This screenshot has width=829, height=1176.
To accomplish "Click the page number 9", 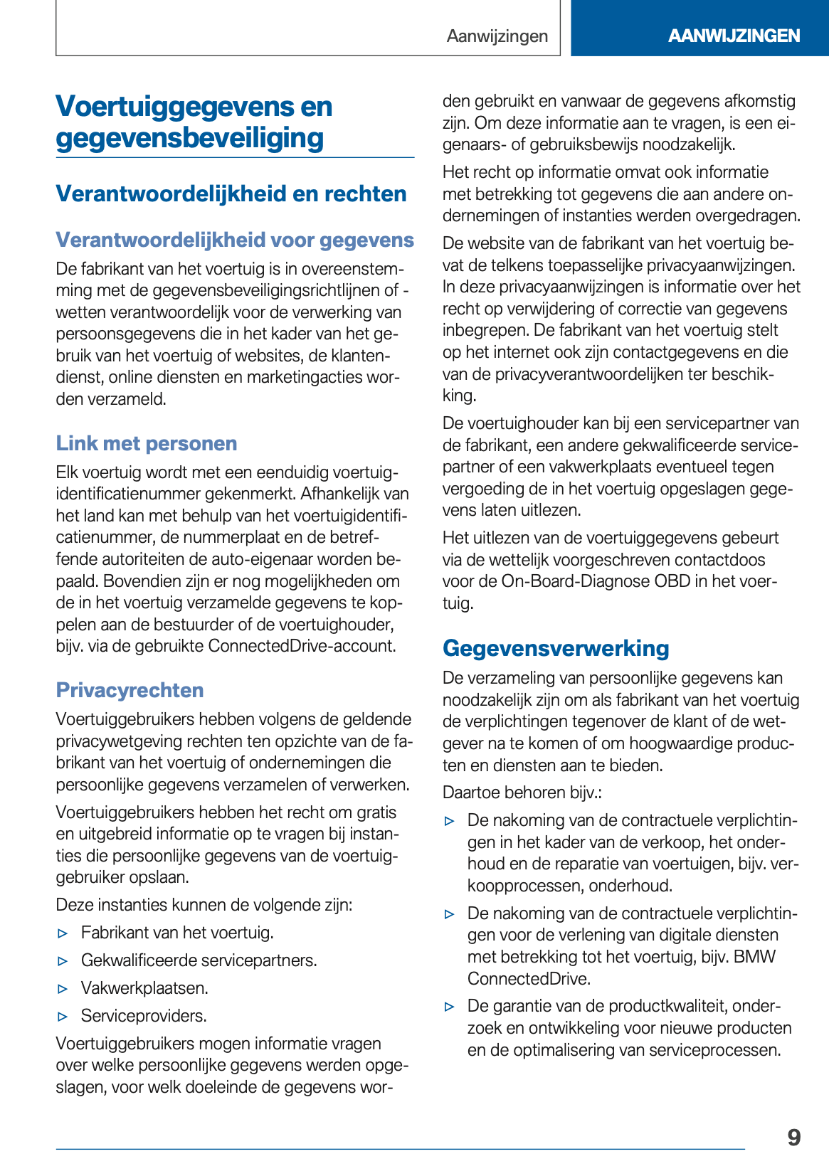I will [793, 1137].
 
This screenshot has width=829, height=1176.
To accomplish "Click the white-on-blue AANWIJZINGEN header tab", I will [734, 36].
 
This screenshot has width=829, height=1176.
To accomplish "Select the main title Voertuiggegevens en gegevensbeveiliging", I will [194, 122].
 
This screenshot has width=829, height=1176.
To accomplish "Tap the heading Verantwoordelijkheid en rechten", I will [231, 194].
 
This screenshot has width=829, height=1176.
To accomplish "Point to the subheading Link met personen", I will [147, 443].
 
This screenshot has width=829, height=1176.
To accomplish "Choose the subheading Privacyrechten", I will [130, 690].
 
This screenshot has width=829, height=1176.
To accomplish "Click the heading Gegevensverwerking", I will [556, 648].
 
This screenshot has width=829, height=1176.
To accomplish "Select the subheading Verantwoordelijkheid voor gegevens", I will [235, 240].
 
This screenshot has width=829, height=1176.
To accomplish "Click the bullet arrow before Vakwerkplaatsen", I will [63, 989].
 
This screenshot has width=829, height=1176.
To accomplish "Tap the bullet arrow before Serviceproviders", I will [63, 1017].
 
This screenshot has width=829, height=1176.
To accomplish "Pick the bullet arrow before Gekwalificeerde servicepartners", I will [63, 961].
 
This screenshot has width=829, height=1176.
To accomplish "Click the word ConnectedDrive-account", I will [301, 646].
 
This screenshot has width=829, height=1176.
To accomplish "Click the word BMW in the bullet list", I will [754, 957].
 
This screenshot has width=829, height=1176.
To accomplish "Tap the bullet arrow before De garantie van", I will [449, 1007].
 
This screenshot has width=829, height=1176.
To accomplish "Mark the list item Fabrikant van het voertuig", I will [177, 933].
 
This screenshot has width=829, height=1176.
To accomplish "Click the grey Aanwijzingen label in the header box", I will [497, 36].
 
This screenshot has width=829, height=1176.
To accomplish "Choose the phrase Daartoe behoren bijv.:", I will [522, 793].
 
